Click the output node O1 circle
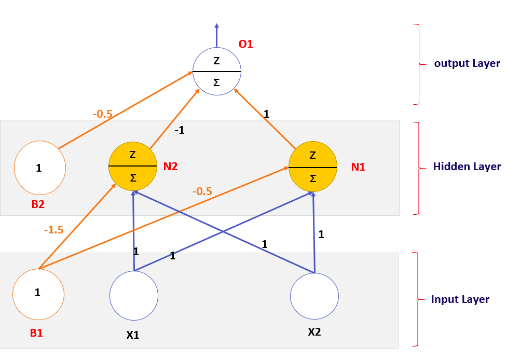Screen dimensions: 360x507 tap(216, 71)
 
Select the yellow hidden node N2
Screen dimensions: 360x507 tap(133, 166)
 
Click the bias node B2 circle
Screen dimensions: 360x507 tap(40, 168)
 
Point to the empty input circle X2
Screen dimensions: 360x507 tap(314, 296)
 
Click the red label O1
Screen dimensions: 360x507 tap(245, 45)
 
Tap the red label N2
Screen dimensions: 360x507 tap(171, 167)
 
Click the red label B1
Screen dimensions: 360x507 tap(36, 333)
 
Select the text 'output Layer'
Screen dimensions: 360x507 tap(467, 64)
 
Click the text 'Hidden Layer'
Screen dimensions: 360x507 tap(467, 167)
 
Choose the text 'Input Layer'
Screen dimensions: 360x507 tap(460, 299)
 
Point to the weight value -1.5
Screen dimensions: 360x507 tap(54, 230)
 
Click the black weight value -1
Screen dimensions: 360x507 tap(179, 131)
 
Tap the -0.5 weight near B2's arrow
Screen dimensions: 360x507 tap(102, 114)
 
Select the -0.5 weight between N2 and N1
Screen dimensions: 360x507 tap(202, 191)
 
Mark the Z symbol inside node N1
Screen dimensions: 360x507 tap(312, 155)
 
